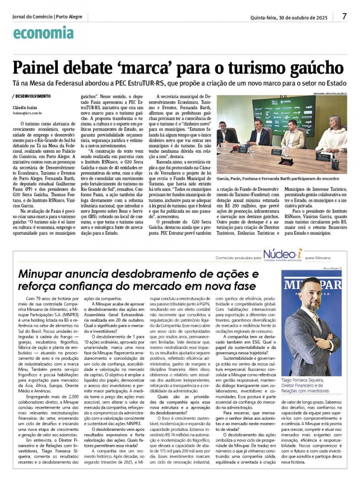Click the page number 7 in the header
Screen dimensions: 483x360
tap(345, 16)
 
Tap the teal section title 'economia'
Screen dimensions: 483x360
tap(43, 33)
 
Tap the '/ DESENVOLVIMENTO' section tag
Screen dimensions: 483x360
tap(32, 96)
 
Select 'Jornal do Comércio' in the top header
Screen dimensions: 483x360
tap(32, 17)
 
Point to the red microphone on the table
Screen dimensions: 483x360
tap(235, 148)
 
